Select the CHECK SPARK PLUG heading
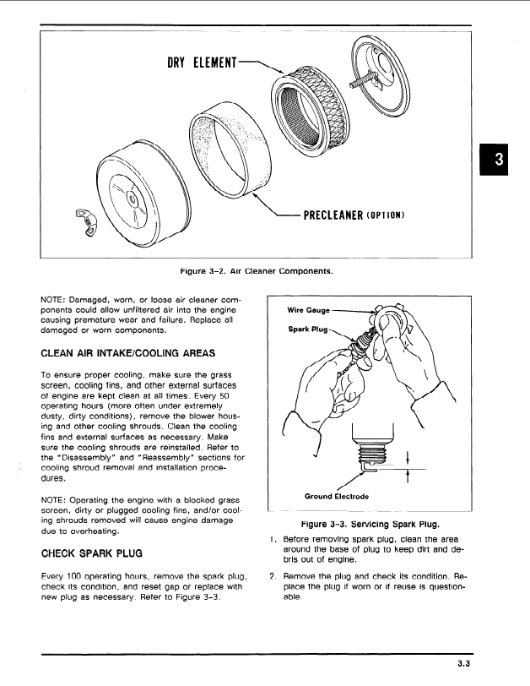point(92,553)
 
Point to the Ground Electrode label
point(335,496)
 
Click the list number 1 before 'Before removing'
point(272,540)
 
